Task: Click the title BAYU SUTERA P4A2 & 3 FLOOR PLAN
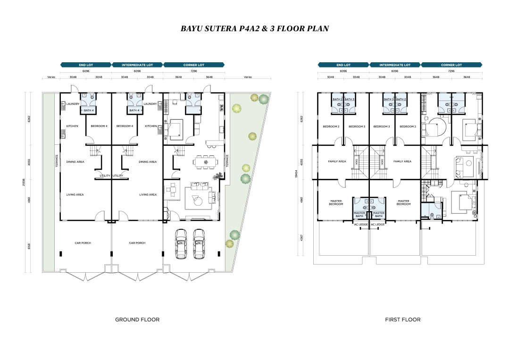coord(254,28)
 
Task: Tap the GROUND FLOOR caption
coord(137,319)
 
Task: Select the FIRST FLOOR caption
coord(402,319)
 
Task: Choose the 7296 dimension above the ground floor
coord(194,71)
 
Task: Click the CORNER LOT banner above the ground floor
coord(194,65)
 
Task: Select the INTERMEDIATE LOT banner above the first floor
coord(395,65)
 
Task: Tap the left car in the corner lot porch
coord(182,243)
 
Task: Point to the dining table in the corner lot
coord(206,162)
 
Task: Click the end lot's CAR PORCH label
coord(83,243)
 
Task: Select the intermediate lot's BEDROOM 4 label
coord(125,126)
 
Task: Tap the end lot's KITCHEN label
coord(72,126)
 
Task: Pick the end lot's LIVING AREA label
coord(75,194)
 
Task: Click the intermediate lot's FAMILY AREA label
coord(402,161)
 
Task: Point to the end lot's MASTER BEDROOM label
coord(336,202)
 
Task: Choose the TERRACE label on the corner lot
coord(227,160)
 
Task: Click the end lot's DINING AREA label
coord(75,162)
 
